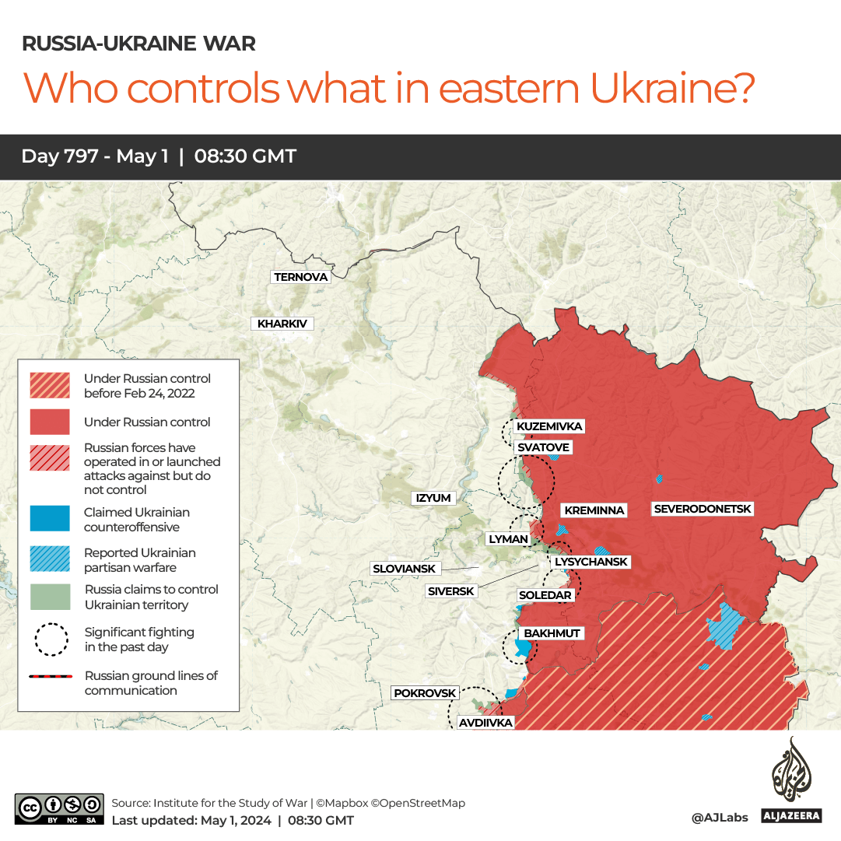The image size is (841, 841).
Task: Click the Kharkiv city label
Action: [282, 324]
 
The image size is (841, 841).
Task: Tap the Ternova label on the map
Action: [301, 277]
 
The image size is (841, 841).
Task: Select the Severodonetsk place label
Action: [703, 509]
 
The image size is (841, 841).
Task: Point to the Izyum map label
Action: [433, 498]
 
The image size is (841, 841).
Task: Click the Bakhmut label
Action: [552, 633]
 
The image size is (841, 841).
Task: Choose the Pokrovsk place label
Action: [424, 692]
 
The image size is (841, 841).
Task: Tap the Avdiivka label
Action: [485, 723]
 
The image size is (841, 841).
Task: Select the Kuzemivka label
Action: [549, 426]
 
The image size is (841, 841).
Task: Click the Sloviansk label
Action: [404, 569]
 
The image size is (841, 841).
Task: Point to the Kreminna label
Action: [594, 510]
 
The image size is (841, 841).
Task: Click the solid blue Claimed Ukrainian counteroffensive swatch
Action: [50, 520]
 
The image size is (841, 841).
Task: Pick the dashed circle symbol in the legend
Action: [50, 640]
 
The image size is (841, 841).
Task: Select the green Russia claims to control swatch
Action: [50, 597]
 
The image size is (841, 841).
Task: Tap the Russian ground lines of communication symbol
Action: [50, 677]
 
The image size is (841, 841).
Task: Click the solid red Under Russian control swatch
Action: [50, 422]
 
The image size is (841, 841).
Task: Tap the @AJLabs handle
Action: [720, 818]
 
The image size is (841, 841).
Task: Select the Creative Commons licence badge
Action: [59, 808]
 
